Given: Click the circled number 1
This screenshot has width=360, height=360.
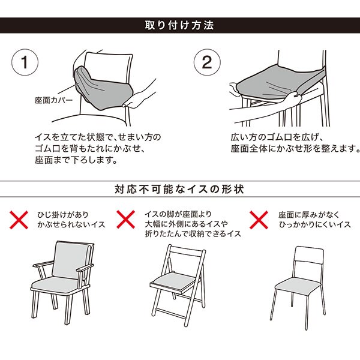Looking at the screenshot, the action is point(25,62).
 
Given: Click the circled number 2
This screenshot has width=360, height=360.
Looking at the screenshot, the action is point(207,62).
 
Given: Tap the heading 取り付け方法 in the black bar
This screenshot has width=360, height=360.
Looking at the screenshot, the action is point(179,25).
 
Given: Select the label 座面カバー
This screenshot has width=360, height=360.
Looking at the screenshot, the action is point(53,100).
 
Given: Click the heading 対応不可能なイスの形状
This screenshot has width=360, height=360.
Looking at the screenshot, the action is point(179,189).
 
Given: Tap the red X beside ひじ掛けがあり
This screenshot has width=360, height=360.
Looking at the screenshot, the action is point(19,220).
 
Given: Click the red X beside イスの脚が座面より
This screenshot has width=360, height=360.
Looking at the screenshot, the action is point(125,220).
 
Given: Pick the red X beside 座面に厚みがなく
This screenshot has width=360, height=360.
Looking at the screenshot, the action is point(259,220).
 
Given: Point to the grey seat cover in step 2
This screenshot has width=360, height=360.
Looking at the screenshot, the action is point(279,83).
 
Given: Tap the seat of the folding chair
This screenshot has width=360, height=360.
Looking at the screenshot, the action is point(173,281).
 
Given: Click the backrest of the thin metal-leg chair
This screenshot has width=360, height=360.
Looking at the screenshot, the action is point(309,256).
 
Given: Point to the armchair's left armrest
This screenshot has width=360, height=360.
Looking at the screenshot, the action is point(43,264).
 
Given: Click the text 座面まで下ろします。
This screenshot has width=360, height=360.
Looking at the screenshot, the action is point(76,160).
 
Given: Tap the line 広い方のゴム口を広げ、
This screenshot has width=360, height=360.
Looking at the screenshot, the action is point(277,137).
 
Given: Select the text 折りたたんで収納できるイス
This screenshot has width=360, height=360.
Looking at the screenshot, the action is point(193,234).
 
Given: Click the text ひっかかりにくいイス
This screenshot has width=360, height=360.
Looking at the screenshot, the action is point(315,224).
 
